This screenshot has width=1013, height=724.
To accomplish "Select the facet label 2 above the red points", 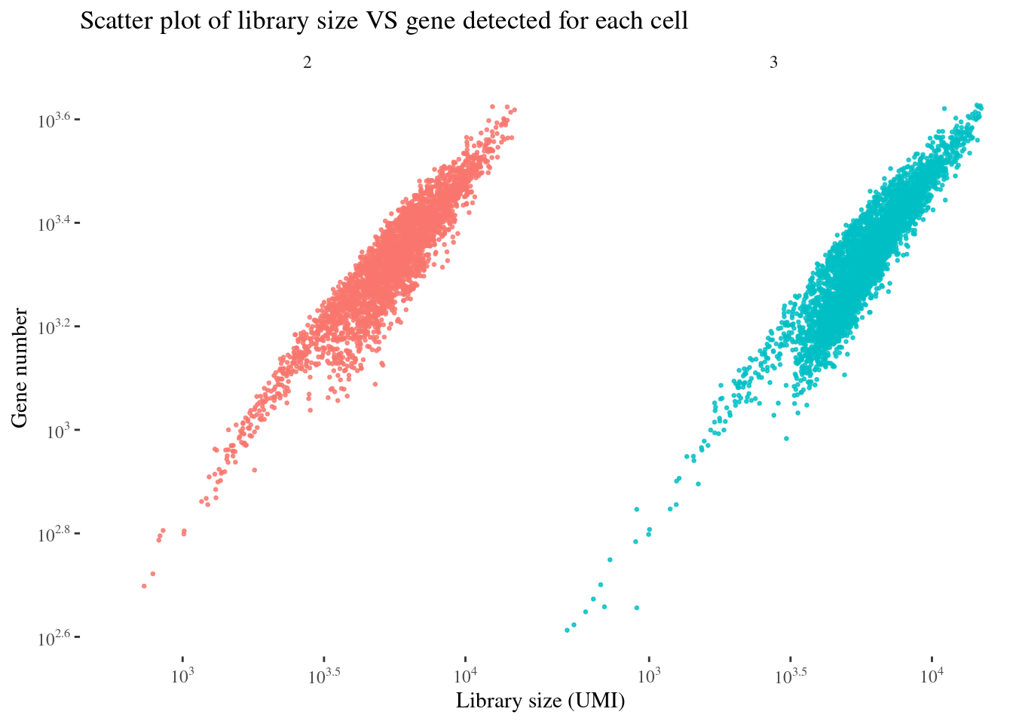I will (x=307, y=63).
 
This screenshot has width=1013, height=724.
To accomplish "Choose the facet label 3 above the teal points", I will (x=773, y=63).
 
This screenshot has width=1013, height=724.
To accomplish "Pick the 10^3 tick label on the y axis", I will (x=59, y=431).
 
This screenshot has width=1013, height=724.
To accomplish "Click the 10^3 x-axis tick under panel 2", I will (x=182, y=676).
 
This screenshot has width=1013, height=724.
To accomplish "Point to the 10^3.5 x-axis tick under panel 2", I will (x=324, y=676).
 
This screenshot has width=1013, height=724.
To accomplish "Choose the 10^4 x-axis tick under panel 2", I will (x=465, y=676).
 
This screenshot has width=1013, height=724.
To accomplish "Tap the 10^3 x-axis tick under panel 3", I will (x=649, y=676).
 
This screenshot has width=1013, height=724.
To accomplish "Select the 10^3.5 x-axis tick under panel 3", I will (x=791, y=676).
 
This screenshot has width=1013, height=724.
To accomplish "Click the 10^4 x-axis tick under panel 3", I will (x=932, y=676).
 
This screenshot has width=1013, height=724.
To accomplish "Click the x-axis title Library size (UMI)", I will (x=540, y=701).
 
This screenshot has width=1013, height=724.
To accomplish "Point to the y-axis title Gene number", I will (x=20, y=367).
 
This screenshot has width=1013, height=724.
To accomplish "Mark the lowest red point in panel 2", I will (x=144, y=586).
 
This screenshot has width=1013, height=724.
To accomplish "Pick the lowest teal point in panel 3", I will (x=567, y=630).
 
